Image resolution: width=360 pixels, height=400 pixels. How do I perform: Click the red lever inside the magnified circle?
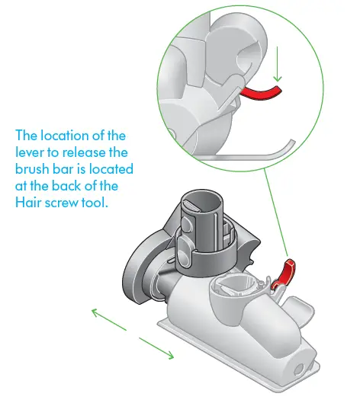262,93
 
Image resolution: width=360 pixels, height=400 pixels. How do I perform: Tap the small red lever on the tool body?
285,272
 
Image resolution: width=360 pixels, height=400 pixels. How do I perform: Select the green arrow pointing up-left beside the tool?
103,317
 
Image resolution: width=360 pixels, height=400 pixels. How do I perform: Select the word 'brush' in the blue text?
32,169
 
